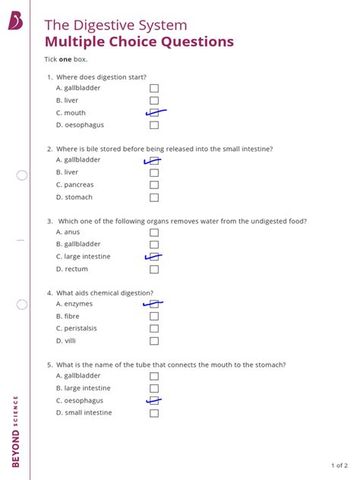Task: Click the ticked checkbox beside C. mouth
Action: (x=154, y=112)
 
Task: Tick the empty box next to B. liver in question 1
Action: (x=154, y=100)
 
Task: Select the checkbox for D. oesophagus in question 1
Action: (x=154, y=125)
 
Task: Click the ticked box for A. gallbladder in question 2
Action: (x=154, y=160)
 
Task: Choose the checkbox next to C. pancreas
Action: (x=154, y=185)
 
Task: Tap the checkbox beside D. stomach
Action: (x=154, y=197)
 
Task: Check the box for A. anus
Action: (x=154, y=232)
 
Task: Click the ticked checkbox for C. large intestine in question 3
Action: (x=154, y=257)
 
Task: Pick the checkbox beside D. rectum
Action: (x=154, y=269)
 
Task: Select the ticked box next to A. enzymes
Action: (x=154, y=304)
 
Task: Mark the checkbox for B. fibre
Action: (x=154, y=316)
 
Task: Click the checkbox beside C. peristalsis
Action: (x=154, y=329)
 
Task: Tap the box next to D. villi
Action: (x=154, y=341)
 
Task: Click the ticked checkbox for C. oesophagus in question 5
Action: (x=154, y=400)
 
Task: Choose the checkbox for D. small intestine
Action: (x=154, y=413)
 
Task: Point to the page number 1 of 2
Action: (x=339, y=465)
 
